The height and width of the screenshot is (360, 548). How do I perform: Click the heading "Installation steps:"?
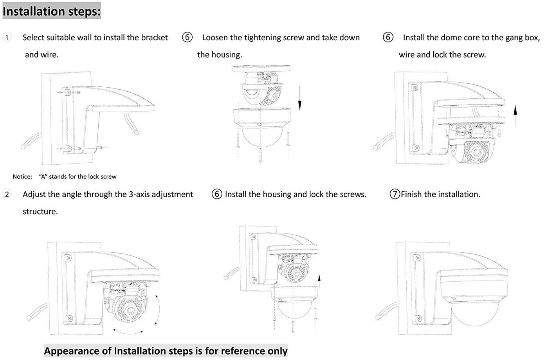(x=51, y=11)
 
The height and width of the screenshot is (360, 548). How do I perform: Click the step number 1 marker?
(x=7, y=38)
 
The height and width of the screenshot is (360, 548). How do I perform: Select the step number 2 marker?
(x=7, y=194)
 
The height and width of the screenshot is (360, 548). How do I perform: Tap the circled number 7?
(x=395, y=194)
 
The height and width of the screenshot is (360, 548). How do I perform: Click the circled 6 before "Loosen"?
(x=187, y=38)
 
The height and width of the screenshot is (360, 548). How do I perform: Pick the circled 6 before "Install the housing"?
(x=217, y=194)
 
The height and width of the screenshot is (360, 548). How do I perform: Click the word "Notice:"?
(x=22, y=176)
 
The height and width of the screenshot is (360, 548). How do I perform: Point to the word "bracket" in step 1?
(x=154, y=38)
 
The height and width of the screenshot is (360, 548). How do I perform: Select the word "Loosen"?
(x=215, y=38)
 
